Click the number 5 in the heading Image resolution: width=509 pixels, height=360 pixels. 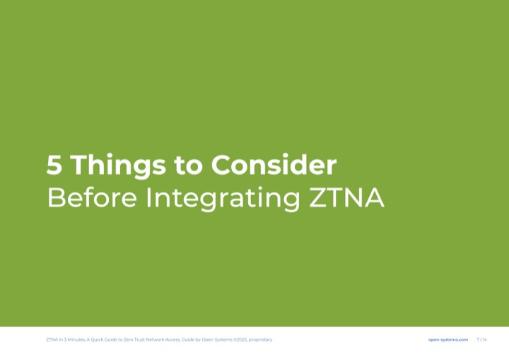click(x=54, y=165)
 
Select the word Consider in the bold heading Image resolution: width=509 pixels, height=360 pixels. click(x=274, y=164)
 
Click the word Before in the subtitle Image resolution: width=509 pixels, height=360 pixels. click(x=92, y=197)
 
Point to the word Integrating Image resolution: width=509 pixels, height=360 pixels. click(x=223, y=199)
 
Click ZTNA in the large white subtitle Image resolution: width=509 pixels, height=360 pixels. click(x=346, y=197)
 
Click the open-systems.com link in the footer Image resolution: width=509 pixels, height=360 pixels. click(x=448, y=339)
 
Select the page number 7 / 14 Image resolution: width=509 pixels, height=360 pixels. click(x=481, y=339)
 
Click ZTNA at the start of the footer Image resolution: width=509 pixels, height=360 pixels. click(x=52, y=339)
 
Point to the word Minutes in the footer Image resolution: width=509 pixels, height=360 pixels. click(x=76, y=339)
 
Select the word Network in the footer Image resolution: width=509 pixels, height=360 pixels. click(x=155, y=339)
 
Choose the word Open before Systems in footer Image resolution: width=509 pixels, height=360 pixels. click(x=208, y=340)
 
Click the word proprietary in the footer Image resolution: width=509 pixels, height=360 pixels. click(x=261, y=340)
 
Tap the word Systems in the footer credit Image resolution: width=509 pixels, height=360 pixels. click(x=223, y=340)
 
